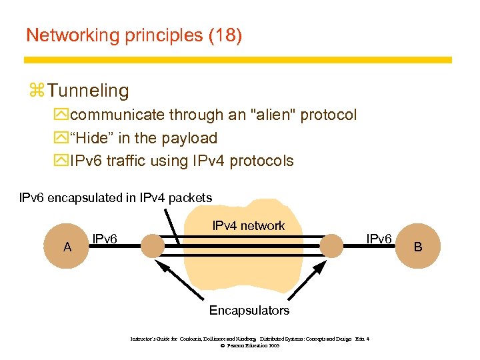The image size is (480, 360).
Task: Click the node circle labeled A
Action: click(x=67, y=247)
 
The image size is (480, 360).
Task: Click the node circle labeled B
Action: click(x=418, y=247)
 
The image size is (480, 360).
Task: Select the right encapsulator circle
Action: click(x=331, y=247)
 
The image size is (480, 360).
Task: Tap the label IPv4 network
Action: click(x=248, y=226)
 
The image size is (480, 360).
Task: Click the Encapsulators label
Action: click(x=249, y=311)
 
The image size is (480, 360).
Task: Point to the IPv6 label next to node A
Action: click(x=105, y=239)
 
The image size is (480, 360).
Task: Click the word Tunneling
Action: click(x=89, y=90)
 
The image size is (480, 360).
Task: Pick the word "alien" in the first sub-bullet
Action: click(x=273, y=115)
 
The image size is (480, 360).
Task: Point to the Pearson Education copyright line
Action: click(x=249, y=345)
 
